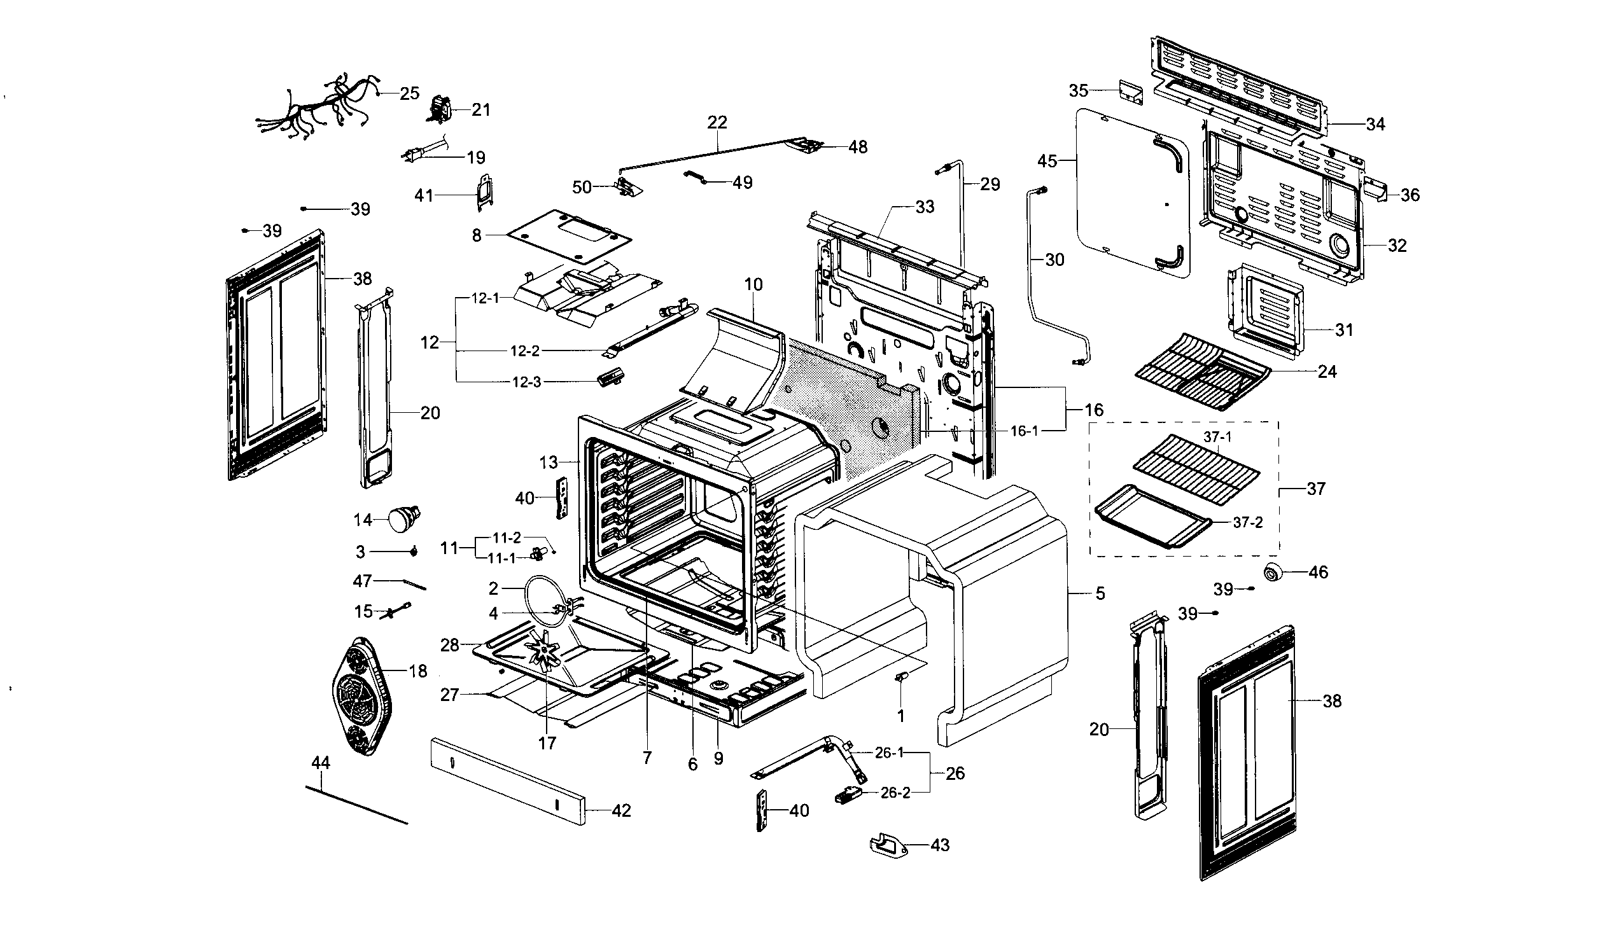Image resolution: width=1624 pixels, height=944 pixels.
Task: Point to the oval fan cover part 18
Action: click(x=364, y=696)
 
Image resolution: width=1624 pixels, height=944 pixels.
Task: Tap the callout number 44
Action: click(x=320, y=763)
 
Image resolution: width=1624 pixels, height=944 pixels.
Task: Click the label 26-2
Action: click(x=895, y=793)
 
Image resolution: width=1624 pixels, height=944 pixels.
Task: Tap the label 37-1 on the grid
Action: click(x=1217, y=437)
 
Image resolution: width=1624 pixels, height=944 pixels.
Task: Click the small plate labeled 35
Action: click(x=1131, y=92)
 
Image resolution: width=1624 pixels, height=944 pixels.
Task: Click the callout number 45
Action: click(x=1047, y=161)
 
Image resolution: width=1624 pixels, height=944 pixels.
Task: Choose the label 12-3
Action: click(x=526, y=382)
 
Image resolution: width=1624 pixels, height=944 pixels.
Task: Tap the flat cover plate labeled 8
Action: click(x=567, y=235)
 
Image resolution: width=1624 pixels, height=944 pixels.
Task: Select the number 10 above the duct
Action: click(x=753, y=284)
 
